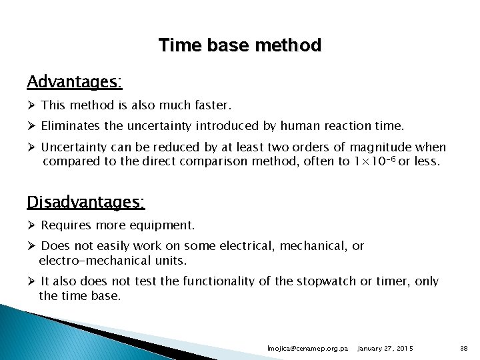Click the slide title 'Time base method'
point(240,45)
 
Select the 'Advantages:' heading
point(74,82)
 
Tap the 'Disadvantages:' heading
point(86,201)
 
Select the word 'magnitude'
point(374,147)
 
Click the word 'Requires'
point(65,225)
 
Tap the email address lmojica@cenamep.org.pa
point(307,349)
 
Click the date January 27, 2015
point(385,349)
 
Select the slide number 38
point(464,349)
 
